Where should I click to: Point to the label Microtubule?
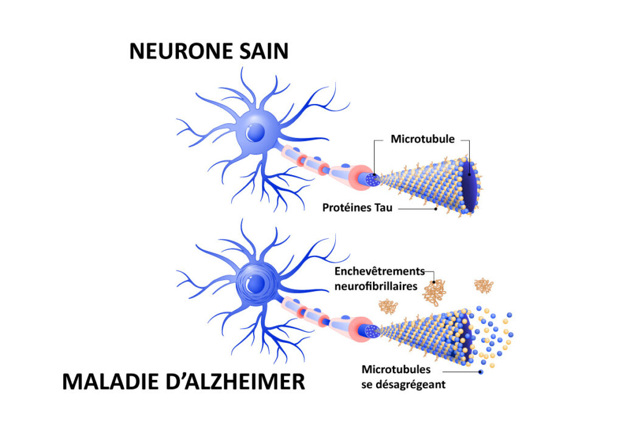coord(422,139)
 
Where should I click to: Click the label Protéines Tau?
coord(357,208)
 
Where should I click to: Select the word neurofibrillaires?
coord(375,285)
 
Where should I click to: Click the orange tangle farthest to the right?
coord(484,284)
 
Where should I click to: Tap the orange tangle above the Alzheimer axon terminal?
coord(388,306)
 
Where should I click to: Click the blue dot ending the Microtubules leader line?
coord(481,371)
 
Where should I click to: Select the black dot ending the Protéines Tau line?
coord(436,209)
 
